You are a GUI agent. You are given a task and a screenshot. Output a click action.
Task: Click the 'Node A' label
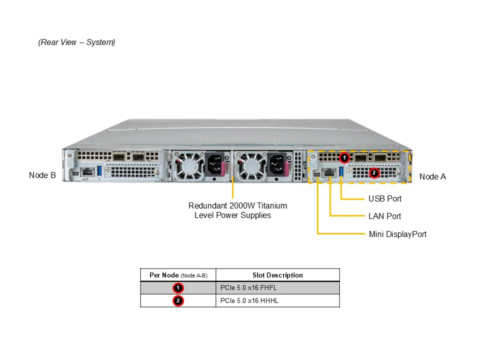pos(432,176)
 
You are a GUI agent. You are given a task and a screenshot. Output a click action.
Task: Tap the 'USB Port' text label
pos(385,198)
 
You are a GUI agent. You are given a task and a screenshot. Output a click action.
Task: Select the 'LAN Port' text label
pos(384,216)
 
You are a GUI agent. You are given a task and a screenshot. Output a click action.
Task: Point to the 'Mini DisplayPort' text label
pos(397,234)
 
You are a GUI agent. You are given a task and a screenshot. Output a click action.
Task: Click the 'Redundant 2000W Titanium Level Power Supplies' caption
pos(237,210)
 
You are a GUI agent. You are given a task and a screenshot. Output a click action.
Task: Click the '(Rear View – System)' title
pos(76,42)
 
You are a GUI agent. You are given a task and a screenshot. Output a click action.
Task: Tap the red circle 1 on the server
pos(344,158)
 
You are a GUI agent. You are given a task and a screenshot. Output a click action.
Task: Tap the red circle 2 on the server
pos(373,173)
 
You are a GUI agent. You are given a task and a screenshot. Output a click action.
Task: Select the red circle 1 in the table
pos(178,288)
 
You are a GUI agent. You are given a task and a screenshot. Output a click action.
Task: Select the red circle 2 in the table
pos(178,301)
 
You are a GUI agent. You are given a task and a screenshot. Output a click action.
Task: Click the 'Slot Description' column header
pos(277,275)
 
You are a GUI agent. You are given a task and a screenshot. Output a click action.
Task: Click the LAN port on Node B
pos(88,171)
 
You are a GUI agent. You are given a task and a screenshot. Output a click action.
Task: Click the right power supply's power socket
pos(277,163)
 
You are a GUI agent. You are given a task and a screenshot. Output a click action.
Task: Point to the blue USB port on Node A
pos(342,171)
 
